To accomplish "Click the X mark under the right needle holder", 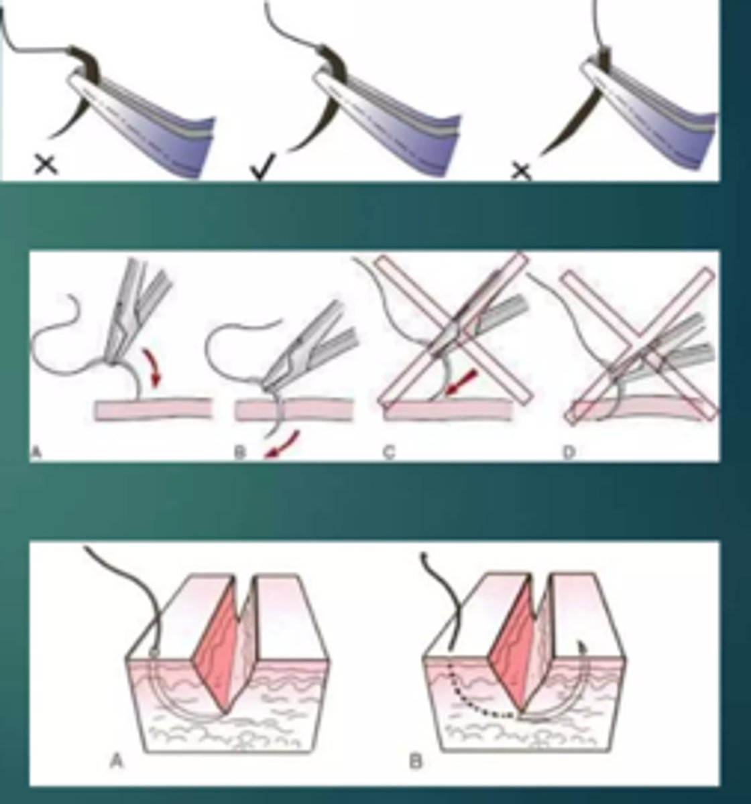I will (x=521, y=172).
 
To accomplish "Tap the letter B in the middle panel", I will (x=240, y=454).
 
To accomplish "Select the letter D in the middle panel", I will (x=569, y=454).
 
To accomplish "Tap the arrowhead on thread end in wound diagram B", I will (x=424, y=556).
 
